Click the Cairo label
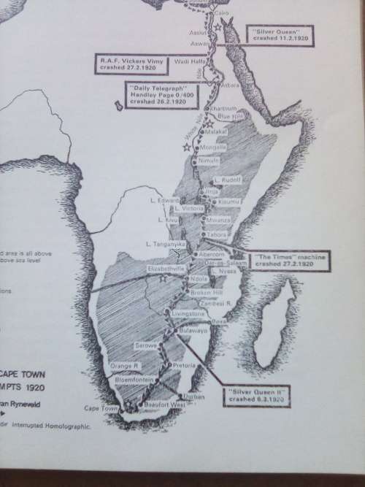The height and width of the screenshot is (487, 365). (223, 14)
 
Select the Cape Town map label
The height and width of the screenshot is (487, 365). (101, 408)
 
